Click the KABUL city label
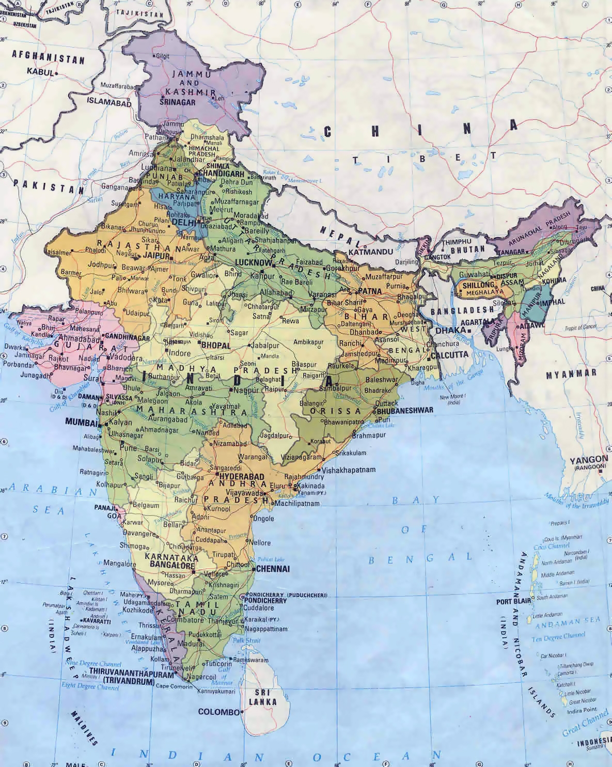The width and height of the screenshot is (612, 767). point(40,73)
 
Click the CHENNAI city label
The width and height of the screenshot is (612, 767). point(273,569)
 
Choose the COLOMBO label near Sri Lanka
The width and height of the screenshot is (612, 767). point(219,712)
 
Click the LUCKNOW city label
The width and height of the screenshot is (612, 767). point(253,262)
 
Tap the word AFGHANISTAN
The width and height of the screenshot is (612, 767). point(48,56)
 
